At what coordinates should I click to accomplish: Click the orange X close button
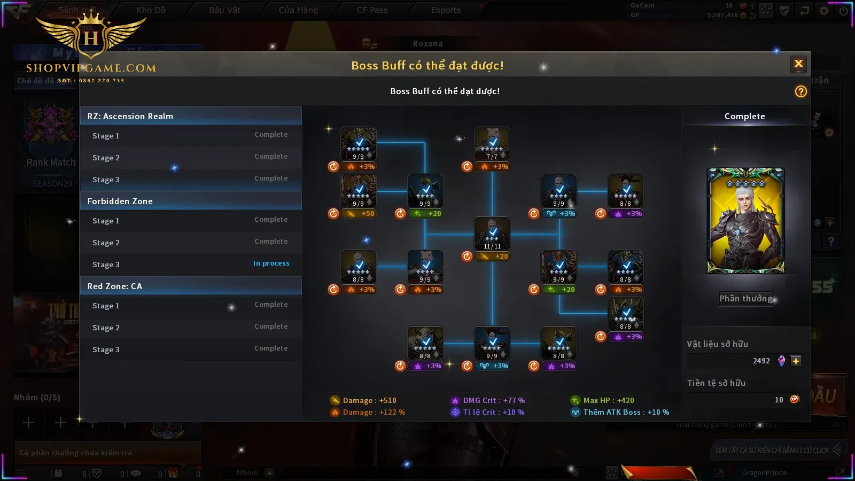[798, 64]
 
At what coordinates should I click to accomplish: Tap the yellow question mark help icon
[800, 91]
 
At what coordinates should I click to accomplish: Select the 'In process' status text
[271, 263]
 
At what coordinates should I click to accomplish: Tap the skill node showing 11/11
[492, 234]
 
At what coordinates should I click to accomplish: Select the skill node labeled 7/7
[492, 144]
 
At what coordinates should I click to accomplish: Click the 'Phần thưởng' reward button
[745, 299]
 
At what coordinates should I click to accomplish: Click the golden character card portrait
[745, 221]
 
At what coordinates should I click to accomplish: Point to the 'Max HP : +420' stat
[609, 400]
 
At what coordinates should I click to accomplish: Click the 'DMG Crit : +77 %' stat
[493, 400]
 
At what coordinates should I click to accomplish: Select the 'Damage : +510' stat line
[369, 400]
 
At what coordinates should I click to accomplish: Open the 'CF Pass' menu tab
[372, 10]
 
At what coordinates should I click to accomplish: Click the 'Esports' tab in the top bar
[446, 10]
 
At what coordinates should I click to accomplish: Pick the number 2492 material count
[761, 361]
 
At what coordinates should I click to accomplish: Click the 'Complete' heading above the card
[744, 116]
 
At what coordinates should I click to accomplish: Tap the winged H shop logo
[91, 37]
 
